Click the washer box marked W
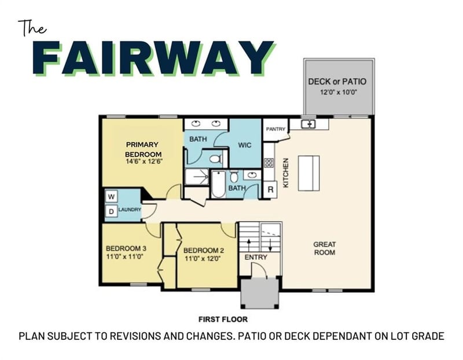point(111,196)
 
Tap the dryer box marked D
point(111,211)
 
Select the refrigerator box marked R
point(270,189)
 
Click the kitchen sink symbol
point(308,124)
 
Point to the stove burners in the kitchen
point(269,163)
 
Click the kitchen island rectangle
point(309,174)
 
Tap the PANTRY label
point(275,129)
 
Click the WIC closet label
point(245,145)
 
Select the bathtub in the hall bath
point(218,183)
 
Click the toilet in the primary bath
point(215,159)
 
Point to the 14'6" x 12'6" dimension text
point(144,161)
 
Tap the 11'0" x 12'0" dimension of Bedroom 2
point(203,259)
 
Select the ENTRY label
point(256,257)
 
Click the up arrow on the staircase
point(249,245)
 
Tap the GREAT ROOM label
point(325,248)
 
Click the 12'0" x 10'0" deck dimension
point(339,92)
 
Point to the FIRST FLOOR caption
point(223,319)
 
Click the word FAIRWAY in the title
point(153,58)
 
